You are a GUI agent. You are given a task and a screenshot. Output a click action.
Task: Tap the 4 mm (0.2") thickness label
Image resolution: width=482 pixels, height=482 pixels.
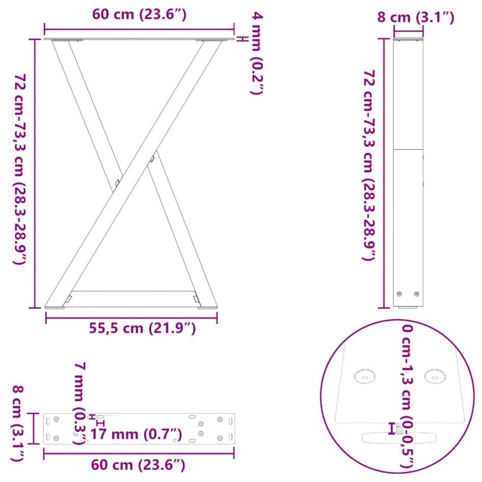coord(257,53)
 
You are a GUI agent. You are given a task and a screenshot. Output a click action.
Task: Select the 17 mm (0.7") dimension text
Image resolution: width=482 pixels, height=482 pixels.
coord(136,434)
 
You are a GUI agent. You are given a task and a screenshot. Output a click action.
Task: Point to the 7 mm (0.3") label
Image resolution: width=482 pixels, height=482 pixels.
coord(80,402)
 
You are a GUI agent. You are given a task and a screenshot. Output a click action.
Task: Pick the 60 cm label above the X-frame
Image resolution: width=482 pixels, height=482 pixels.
coord(139,15)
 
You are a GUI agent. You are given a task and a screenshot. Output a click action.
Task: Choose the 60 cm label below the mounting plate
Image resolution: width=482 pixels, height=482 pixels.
coord(138,464)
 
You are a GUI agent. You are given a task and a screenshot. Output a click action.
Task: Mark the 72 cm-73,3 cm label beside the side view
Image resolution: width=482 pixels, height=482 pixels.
coord(370,166)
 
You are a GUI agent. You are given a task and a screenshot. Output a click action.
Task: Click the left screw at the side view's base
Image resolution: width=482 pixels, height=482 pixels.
coord(399,294)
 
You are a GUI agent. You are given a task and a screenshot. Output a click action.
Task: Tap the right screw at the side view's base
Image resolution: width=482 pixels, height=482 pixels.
coord(417,294)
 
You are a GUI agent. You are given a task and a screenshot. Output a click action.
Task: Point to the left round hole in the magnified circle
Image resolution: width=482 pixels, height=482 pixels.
coord(365,377)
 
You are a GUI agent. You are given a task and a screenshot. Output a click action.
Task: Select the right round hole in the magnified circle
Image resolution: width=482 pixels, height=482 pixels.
coord(435,377)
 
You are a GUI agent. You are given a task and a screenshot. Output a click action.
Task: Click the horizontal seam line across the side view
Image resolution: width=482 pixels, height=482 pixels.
coord(408,150)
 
